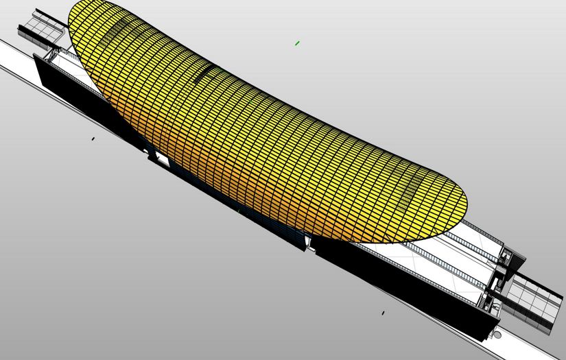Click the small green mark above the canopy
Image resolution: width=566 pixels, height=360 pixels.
pos(297,43)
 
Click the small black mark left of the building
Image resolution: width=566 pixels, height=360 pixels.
pos(93,139)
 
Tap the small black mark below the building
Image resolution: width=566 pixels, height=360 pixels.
pos(383,313)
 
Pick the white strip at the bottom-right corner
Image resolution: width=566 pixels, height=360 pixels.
pos(528,346)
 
